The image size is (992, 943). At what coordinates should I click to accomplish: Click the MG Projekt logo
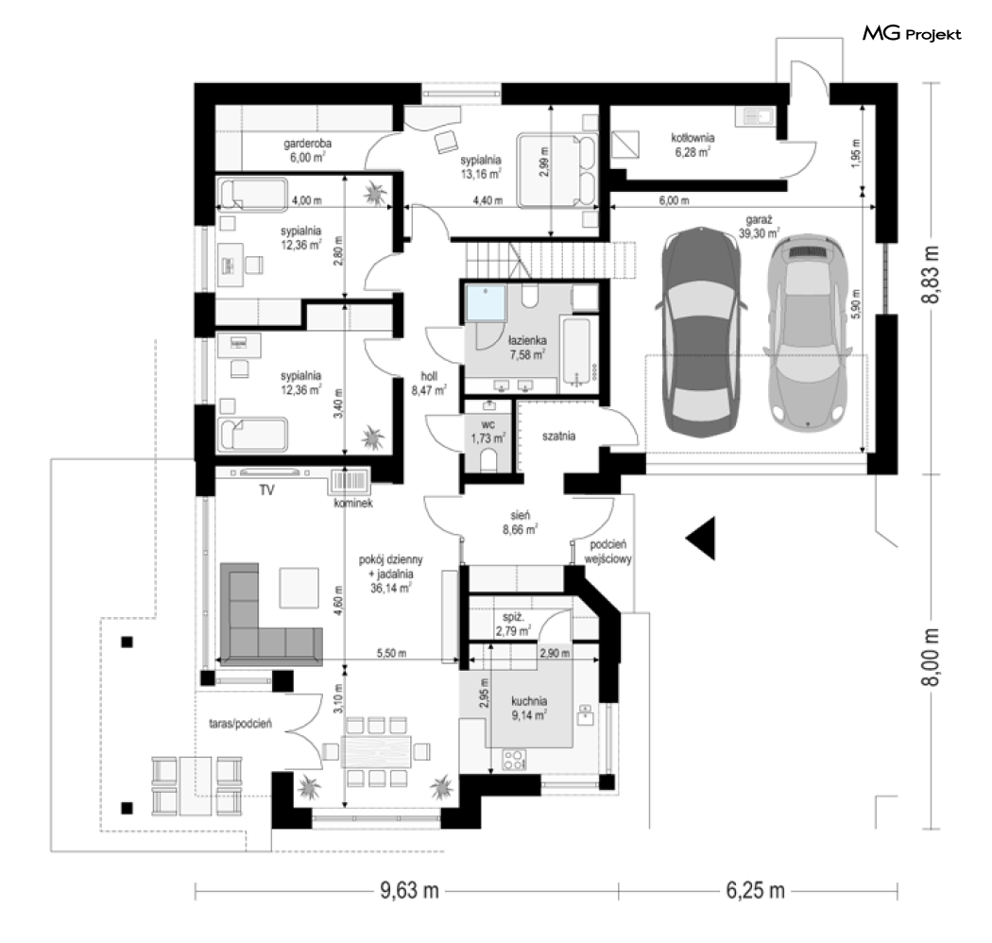912,33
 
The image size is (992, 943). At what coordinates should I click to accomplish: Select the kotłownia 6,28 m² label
693,145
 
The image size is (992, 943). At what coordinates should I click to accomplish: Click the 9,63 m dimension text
409,890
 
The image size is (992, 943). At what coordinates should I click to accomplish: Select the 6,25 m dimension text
756,890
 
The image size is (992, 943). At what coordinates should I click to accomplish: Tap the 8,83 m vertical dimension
931,275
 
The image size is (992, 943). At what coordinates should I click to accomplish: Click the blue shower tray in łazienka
486,304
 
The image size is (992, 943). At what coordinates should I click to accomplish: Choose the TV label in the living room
267,489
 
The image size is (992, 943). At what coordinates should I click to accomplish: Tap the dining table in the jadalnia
376,752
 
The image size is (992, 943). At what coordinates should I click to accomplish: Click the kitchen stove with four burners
514,760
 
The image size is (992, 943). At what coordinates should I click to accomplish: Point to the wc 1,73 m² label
487,431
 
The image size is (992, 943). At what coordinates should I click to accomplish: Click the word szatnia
558,436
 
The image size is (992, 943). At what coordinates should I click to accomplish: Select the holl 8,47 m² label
429,384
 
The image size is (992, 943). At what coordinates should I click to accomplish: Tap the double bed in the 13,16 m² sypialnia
557,170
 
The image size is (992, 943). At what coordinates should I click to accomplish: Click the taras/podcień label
240,724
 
